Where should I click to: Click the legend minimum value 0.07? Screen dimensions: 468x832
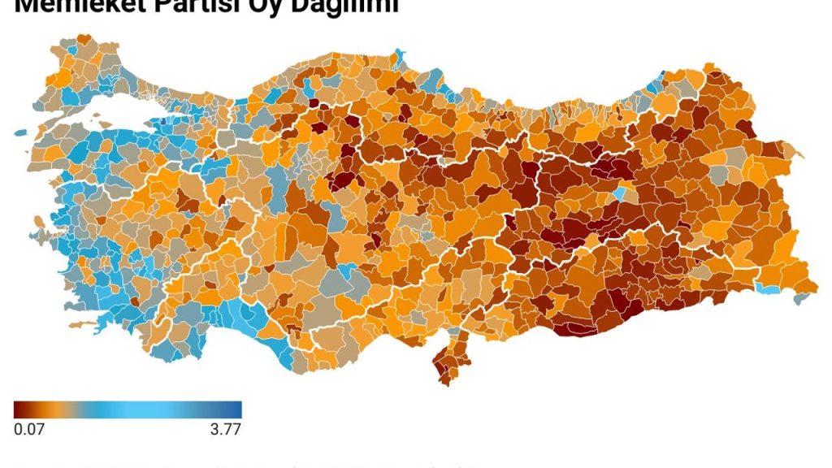29,430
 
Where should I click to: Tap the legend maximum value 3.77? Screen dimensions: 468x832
225,430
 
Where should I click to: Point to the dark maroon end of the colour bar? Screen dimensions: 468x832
18,410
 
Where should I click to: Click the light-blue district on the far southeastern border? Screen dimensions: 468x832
767,288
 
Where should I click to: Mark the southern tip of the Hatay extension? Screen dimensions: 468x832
445,378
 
